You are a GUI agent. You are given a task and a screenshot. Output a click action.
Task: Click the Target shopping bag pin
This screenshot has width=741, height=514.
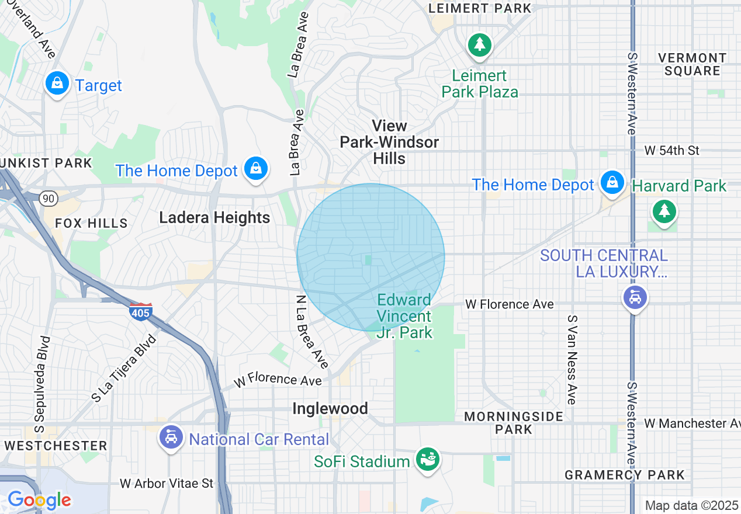pyautogui.click(x=57, y=84)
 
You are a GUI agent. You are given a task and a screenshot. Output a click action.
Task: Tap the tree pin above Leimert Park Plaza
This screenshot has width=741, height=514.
pyautogui.click(x=479, y=45)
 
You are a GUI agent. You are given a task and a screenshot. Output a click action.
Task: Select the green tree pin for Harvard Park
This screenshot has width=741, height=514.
pyautogui.click(x=664, y=211)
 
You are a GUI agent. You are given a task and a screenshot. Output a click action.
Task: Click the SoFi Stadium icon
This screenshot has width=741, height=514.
pyautogui.click(x=427, y=459)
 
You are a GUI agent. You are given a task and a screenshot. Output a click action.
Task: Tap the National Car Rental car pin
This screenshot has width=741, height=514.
pyautogui.click(x=171, y=437)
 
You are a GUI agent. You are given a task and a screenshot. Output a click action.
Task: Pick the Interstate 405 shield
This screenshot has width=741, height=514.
pyautogui.click(x=141, y=311)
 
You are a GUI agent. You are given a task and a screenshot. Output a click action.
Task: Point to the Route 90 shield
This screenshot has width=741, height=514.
pyautogui.click(x=48, y=199)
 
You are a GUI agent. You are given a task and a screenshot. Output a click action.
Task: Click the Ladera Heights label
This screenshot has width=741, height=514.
pyautogui.click(x=214, y=218)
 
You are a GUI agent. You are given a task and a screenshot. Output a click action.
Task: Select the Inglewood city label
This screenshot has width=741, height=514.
pyautogui.click(x=330, y=408)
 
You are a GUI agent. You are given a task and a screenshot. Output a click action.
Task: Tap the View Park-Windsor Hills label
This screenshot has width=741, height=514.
pyautogui.click(x=389, y=142)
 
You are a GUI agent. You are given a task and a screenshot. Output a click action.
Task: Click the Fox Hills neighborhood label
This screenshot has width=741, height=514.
pyautogui.click(x=91, y=223)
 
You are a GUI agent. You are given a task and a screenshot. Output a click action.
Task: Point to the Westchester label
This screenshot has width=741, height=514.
pyautogui.click(x=56, y=446)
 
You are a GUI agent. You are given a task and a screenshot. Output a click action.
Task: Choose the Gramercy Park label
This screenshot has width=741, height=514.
pyautogui.click(x=624, y=475)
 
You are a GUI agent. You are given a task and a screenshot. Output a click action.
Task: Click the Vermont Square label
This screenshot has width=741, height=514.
pyautogui.click(x=692, y=64)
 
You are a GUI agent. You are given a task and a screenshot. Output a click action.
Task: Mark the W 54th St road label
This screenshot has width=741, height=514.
pyautogui.click(x=671, y=151)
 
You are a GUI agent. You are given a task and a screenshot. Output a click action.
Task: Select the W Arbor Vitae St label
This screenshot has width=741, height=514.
pyautogui.click(x=167, y=483)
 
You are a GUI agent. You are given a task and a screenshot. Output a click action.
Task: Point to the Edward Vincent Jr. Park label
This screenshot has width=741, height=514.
pyautogui.click(x=404, y=316)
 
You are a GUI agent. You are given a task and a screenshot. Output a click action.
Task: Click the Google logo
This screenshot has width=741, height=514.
pyautogui.click(x=39, y=500)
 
